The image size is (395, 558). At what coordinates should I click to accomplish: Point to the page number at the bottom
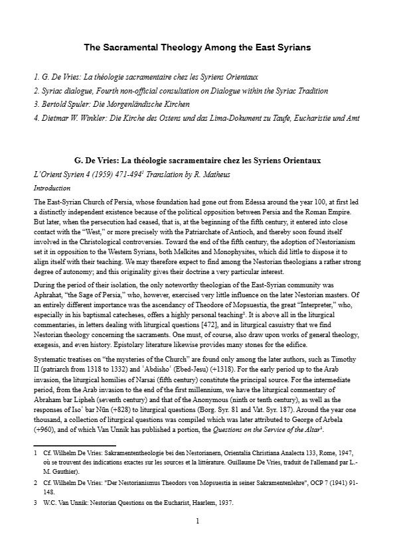[x=197, y=521]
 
